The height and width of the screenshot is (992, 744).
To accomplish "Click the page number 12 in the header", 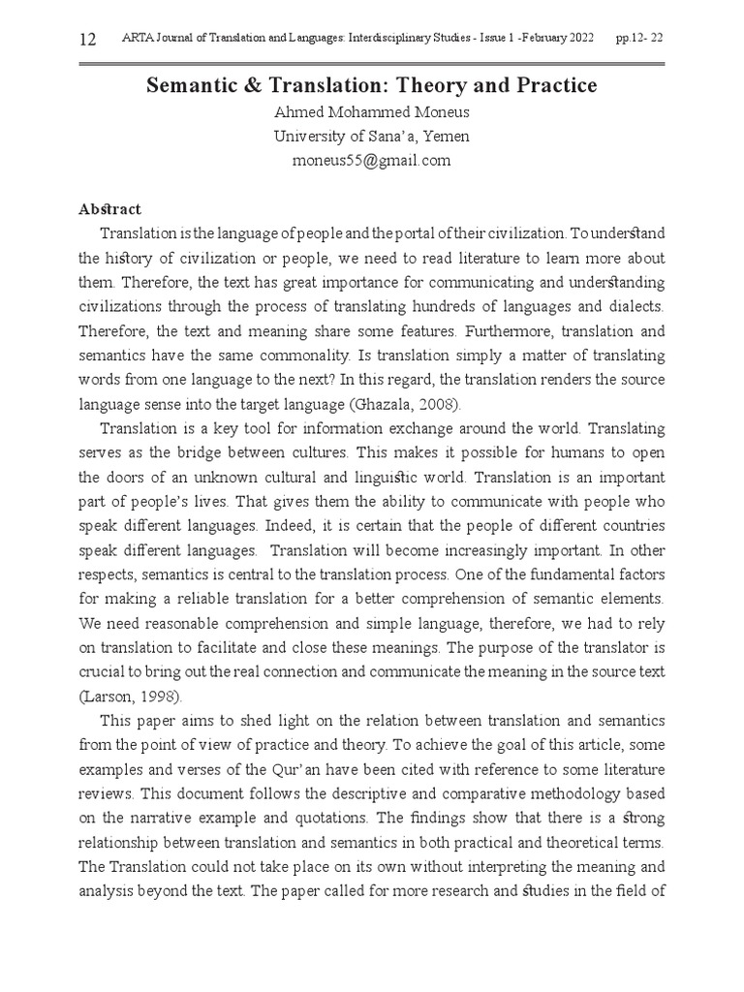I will click(x=87, y=39).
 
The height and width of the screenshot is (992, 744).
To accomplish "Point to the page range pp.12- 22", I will click(x=639, y=39).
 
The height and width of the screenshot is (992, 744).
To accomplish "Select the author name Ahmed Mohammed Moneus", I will click(x=372, y=112).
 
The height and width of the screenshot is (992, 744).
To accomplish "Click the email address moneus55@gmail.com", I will click(x=372, y=161).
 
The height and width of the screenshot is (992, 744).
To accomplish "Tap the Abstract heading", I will click(x=109, y=209).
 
